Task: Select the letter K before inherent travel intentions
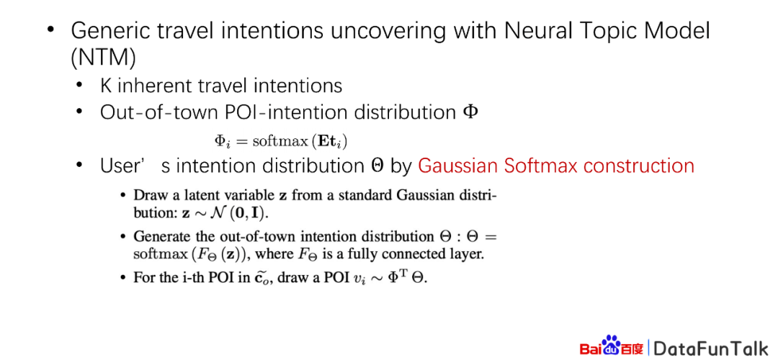coord(106,86)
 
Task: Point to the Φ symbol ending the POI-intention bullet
coord(470,112)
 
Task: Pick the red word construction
coord(643,166)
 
